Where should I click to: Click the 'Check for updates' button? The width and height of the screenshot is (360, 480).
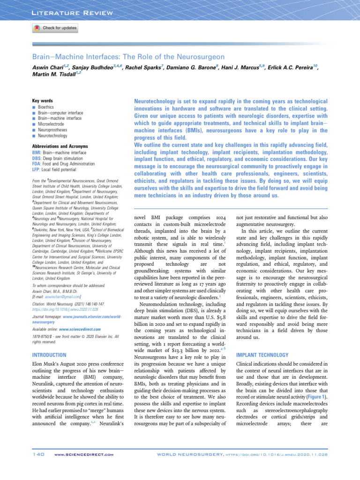pyautogui.click(x=55, y=28)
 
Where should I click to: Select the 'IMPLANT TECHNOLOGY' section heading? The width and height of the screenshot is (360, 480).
pyautogui.click(x=259, y=355)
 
